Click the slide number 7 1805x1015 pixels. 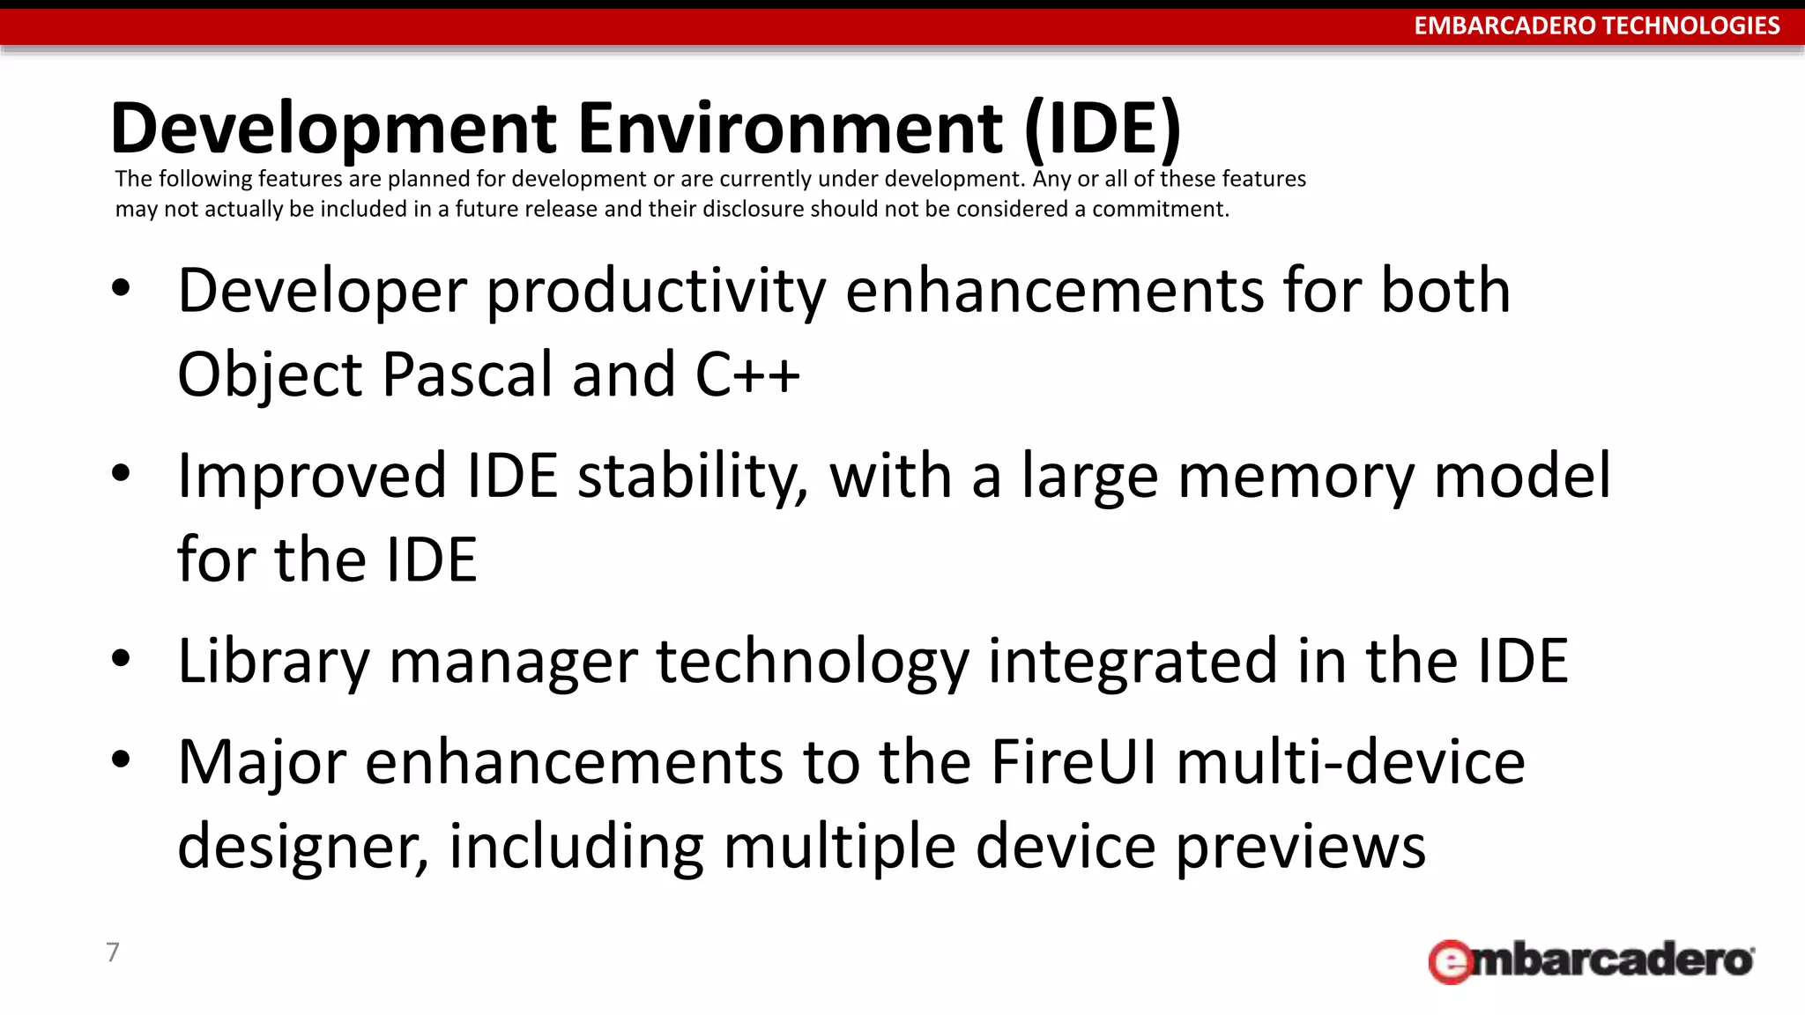point(113,952)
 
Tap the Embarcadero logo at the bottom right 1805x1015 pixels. point(1591,959)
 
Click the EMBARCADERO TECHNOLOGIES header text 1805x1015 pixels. point(1596,26)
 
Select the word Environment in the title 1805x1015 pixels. point(791,128)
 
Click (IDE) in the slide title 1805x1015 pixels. point(1102,130)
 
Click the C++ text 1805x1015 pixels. point(747,374)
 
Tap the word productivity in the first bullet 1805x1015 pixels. point(657,292)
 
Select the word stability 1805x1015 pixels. point(693,477)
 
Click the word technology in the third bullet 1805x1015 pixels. point(813,662)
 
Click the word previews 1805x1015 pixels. point(1301,846)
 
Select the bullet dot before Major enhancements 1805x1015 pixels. point(122,758)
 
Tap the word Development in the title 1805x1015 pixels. point(333,128)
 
